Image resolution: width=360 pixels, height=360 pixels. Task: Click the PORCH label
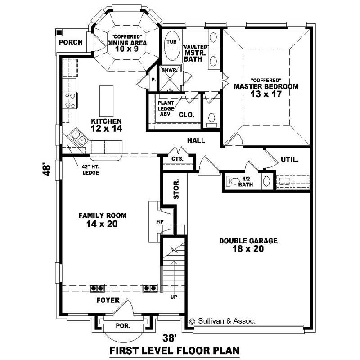[x=71, y=43]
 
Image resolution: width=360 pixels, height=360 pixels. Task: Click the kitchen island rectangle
[x=106, y=101]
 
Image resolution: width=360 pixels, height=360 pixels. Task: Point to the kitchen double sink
[x=77, y=138]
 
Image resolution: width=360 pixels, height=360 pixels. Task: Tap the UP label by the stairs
[x=173, y=297]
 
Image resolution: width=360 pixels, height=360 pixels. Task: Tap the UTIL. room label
[x=290, y=159]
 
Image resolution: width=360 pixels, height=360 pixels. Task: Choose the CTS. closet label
[x=178, y=159]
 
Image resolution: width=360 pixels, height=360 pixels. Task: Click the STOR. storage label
[x=176, y=189]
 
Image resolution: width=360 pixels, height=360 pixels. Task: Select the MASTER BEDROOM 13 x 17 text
[x=265, y=90]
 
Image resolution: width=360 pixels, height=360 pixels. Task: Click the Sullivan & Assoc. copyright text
[x=222, y=321]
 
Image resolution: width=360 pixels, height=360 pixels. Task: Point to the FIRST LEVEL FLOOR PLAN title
[x=175, y=350]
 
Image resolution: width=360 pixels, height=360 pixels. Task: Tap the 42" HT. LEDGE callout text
[x=88, y=169]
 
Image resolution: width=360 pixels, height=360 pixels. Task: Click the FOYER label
[x=108, y=300]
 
